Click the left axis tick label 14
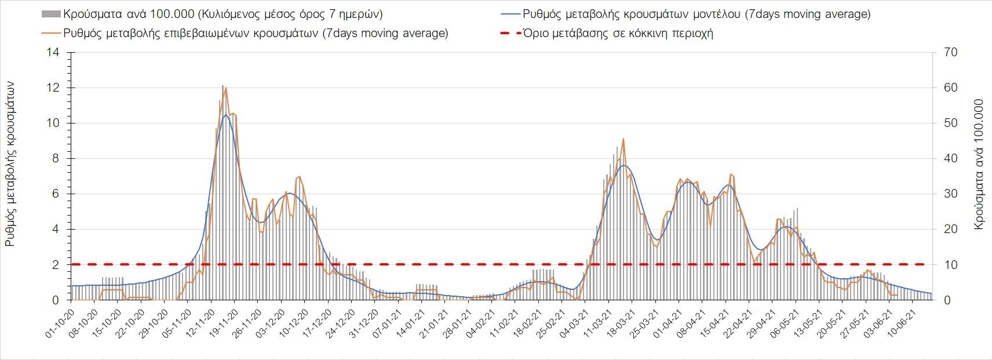(54, 53)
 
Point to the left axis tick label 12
(54, 88)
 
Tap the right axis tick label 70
(951, 53)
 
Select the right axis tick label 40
(951, 159)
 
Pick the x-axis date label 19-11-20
(223, 322)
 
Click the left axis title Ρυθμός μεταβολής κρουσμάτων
(10, 164)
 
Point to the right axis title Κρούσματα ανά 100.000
(979, 164)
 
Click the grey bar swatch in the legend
(50, 14)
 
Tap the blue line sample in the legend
(509, 14)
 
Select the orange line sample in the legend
(50, 33)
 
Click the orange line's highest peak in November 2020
(225, 88)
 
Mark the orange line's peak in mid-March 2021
(623, 139)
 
